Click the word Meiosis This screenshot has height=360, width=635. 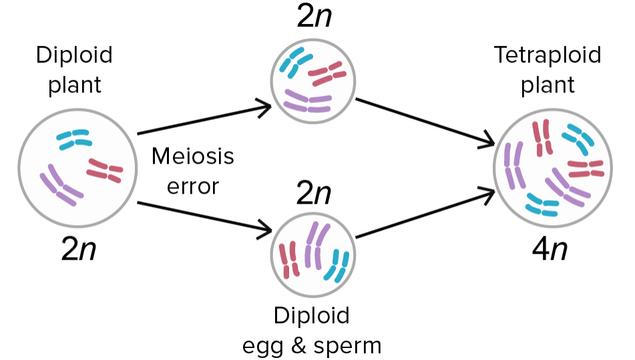click(193, 157)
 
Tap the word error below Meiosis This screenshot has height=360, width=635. click(193, 186)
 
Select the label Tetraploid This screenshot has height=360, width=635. click(547, 55)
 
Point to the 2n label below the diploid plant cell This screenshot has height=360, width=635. click(79, 250)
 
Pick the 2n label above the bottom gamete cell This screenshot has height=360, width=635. click(314, 194)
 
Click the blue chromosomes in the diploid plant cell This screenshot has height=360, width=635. click(73, 138)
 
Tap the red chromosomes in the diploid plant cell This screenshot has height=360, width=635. click(104, 170)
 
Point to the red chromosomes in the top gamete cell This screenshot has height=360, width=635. click(327, 74)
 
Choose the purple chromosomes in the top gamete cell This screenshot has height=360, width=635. click(308, 102)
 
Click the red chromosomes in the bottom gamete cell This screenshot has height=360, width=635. click(288, 260)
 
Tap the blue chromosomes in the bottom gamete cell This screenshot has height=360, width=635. click(338, 265)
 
